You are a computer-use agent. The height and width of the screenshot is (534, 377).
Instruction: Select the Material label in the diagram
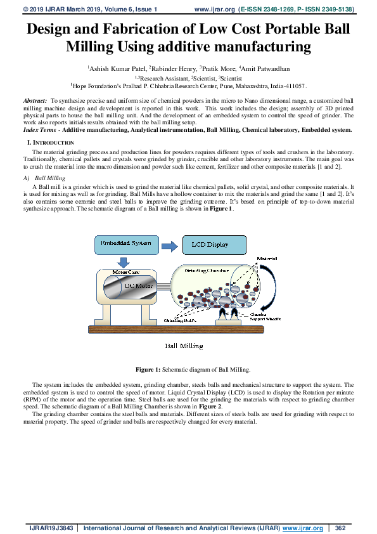[x=266, y=259]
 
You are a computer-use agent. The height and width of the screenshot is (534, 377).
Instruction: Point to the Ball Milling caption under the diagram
[x=184, y=346]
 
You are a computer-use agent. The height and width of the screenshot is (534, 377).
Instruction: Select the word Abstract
[x=35, y=101]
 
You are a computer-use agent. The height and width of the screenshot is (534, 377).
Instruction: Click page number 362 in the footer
[x=340, y=528]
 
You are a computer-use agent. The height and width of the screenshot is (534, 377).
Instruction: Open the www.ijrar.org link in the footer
[x=303, y=528]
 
